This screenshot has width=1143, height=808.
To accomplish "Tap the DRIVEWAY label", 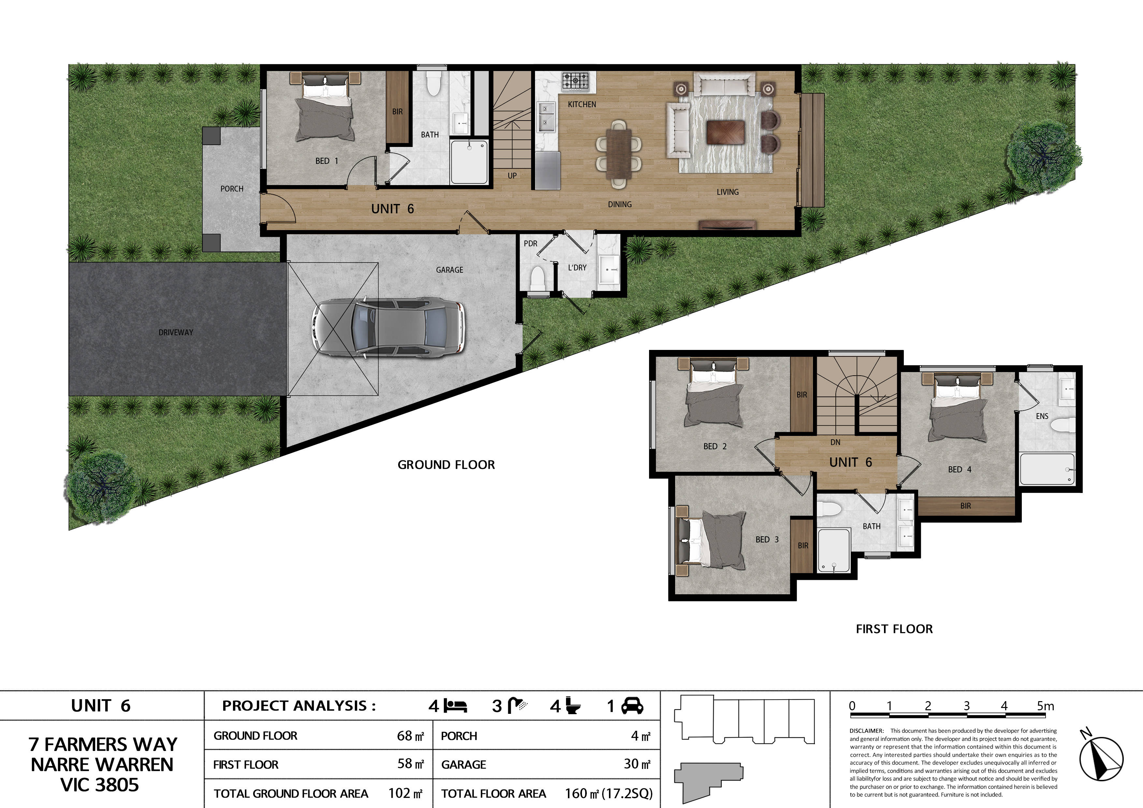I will coord(175,332).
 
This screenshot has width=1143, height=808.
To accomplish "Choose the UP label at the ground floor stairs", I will coord(512,176).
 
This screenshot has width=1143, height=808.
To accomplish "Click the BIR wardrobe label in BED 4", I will coord(965,506).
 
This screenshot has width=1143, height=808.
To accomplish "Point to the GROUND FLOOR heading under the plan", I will coord(446,465).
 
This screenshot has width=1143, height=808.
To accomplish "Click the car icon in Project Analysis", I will coord(632,706).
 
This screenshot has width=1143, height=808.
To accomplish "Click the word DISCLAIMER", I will coord(866,731).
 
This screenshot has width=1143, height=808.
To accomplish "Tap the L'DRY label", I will coord(577,268).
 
